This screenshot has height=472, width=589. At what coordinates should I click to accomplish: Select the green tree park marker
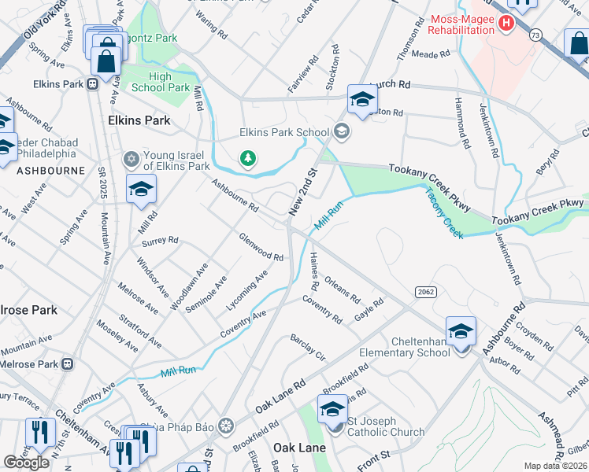point(249,160)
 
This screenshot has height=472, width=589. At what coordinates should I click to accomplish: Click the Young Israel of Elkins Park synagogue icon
point(132,160)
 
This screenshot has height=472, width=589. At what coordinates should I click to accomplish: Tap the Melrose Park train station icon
point(68,364)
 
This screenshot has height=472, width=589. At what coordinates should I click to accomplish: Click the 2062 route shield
point(421,292)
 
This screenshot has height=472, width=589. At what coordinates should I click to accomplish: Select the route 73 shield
point(536,35)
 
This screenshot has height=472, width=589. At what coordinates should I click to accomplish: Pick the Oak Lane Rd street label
point(280,398)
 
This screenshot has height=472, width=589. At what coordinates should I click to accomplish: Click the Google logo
point(27,463)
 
